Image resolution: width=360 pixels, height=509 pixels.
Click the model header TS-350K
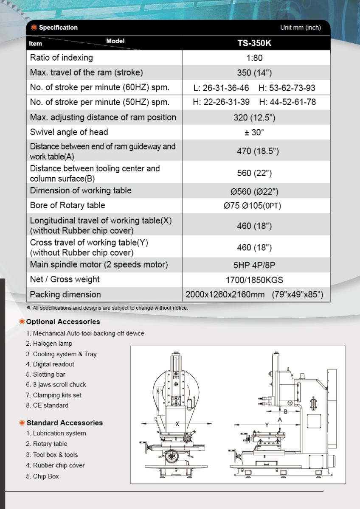[255, 43]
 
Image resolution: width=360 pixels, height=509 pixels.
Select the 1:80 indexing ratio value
[254, 58]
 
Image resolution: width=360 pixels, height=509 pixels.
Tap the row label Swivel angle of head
[69, 132]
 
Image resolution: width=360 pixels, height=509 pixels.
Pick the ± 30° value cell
[254, 132]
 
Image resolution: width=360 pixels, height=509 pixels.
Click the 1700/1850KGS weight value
[254, 280]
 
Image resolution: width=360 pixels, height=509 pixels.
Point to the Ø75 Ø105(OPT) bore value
[253, 206]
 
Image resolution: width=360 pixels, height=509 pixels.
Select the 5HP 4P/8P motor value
[254, 265]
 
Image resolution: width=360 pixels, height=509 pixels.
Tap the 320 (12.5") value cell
[254, 117]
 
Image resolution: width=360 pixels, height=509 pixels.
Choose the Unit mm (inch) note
[300, 28]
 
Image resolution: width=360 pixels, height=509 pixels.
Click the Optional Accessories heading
[63, 322]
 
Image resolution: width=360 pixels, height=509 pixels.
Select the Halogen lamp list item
[53, 344]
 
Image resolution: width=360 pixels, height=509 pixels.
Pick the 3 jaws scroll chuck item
[59, 385]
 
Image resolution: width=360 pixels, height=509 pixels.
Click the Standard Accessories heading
[65, 423]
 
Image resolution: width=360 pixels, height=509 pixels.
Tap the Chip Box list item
[46, 476]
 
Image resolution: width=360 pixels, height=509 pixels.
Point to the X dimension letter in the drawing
[177, 424]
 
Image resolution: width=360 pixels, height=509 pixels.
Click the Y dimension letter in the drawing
[267, 425]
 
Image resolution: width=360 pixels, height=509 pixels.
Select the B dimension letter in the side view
[286, 411]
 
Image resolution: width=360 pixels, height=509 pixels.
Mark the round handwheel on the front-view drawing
[172, 457]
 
